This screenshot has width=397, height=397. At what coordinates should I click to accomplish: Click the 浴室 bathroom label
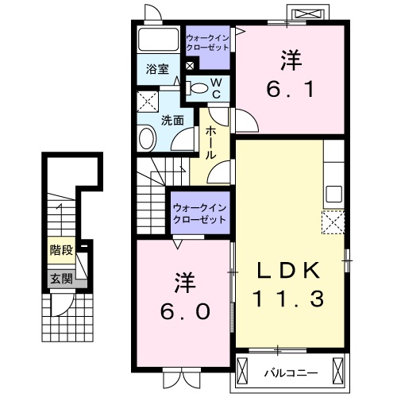tap(156, 70)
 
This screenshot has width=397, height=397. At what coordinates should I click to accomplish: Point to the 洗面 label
tap(172, 121)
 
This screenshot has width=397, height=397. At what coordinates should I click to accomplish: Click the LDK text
tap(290, 271)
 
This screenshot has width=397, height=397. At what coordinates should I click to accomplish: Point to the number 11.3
tap(290, 299)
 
